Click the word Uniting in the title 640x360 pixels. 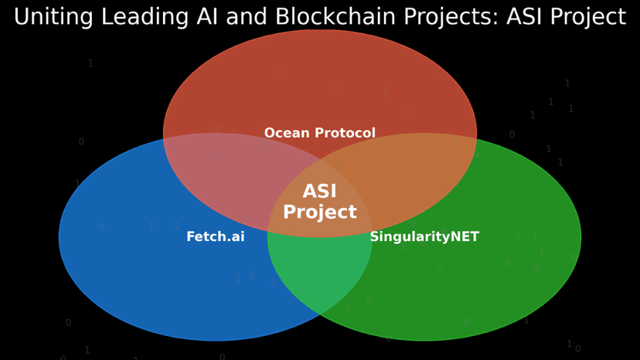[49, 17]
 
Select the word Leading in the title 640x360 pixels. [133, 17]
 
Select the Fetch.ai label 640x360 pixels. [216, 237]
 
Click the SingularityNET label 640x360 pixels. [424, 237]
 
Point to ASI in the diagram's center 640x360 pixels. [320, 192]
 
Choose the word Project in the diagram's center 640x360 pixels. [320, 212]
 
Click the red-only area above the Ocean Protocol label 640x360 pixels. [320, 77]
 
